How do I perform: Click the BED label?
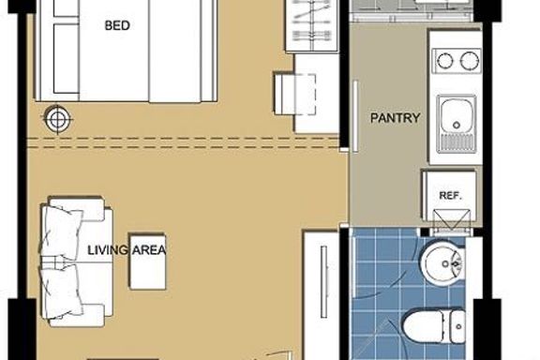tap(117, 25)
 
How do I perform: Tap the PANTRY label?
tap(395, 118)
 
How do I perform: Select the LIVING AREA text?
tap(127, 249)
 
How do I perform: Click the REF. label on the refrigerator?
tap(450, 196)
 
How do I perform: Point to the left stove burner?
tap(445, 61)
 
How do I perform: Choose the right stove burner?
tap(469, 61)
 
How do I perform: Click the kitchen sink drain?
tap(457, 125)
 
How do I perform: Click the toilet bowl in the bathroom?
tap(423, 326)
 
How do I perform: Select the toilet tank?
tap(454, 326)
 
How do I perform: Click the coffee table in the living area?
tap(148, 262)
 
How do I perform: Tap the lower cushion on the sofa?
tap(60, 292)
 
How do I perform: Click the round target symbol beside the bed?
tap(57, 119)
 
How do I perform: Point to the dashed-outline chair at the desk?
tap(294, 94)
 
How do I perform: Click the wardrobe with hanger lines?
tap(312, 26)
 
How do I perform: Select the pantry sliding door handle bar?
tap(355, 116)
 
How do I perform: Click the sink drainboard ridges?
tap(456, 142)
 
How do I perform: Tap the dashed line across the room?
tap(183, 142)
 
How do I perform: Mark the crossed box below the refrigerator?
tap(451, 219)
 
